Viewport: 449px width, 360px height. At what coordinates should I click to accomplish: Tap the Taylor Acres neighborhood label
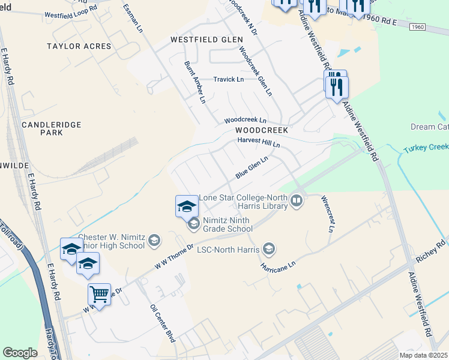click(80, 46)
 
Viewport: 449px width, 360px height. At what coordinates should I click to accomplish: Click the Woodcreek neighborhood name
click(262, 130)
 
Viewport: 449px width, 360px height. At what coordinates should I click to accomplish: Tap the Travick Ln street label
click(229, 79)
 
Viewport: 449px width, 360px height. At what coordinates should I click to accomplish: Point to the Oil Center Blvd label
click(162, 322)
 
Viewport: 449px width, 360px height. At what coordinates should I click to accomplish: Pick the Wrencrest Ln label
click(327, 214)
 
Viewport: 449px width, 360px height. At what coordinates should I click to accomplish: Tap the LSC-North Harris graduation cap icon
click(269, 248)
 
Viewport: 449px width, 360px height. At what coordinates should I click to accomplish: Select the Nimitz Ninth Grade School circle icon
click(194, 224)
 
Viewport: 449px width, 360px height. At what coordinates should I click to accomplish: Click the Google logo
click(20, 353)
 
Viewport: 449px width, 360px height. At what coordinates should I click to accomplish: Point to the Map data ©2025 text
click(423, 355)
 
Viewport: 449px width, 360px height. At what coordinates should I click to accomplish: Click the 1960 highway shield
click(419, 27)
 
